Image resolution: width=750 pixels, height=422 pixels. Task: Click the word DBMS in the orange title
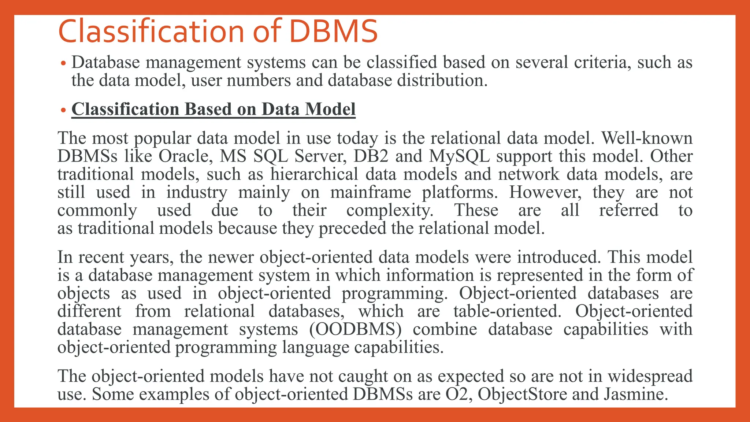pyautogui.click(x=333, y=32)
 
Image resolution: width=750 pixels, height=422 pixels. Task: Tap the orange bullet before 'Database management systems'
pyautogui.click(x=63, y=63)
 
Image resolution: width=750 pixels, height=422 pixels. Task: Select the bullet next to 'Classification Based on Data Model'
pyautogui.click(x=63, y=110)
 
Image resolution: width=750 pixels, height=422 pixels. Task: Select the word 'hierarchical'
pyautogui.click(x=314, y=174)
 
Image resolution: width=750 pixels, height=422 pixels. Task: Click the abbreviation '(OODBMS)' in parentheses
pyautogui.click(x=355, y=329)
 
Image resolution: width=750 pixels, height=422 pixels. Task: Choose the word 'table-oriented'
pyautogui.click(x=507, y=311)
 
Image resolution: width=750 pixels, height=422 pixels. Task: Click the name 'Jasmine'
pyautogui.click(x=634, y=394)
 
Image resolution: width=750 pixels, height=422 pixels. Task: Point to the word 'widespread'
pyautogui.click(x=650, y=377)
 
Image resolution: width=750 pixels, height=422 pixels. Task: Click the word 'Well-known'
pyautogui.click(x=647, y=138)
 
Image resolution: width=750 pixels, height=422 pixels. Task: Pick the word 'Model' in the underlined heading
pyautogui.click(x=330, y=109)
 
